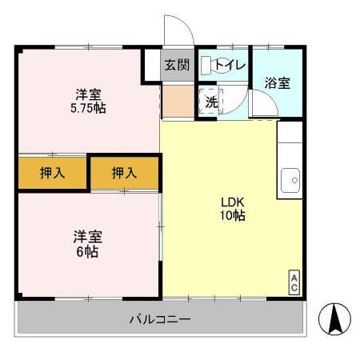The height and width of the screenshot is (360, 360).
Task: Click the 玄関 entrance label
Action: pyautogui.click(x=177, y=65)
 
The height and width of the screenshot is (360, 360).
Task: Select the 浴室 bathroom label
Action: pyautogui.click(x=278, y=82)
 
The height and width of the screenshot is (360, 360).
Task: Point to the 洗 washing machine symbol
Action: pyautogui.click(x=210, y=102)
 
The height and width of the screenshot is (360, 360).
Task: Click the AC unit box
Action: pyautogui.click(x=294, y=283)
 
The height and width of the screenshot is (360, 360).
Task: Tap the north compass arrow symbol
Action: pyautogui.click(x=335, y=321)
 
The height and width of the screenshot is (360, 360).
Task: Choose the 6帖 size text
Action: pyautogui.click(x=87, y=252)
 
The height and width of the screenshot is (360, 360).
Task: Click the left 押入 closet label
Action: pyautogui.click(x=52, y=173)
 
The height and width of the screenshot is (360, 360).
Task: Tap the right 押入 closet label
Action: pyautogui.click(x=124, y=173)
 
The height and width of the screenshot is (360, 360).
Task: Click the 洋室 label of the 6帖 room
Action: pyautogui.click(x=87, y=238)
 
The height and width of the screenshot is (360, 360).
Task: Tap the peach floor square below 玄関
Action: pyautogui.click(x=177, y=102)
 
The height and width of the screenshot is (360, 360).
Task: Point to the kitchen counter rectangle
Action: pyautogui.click(x=290, y=160)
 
